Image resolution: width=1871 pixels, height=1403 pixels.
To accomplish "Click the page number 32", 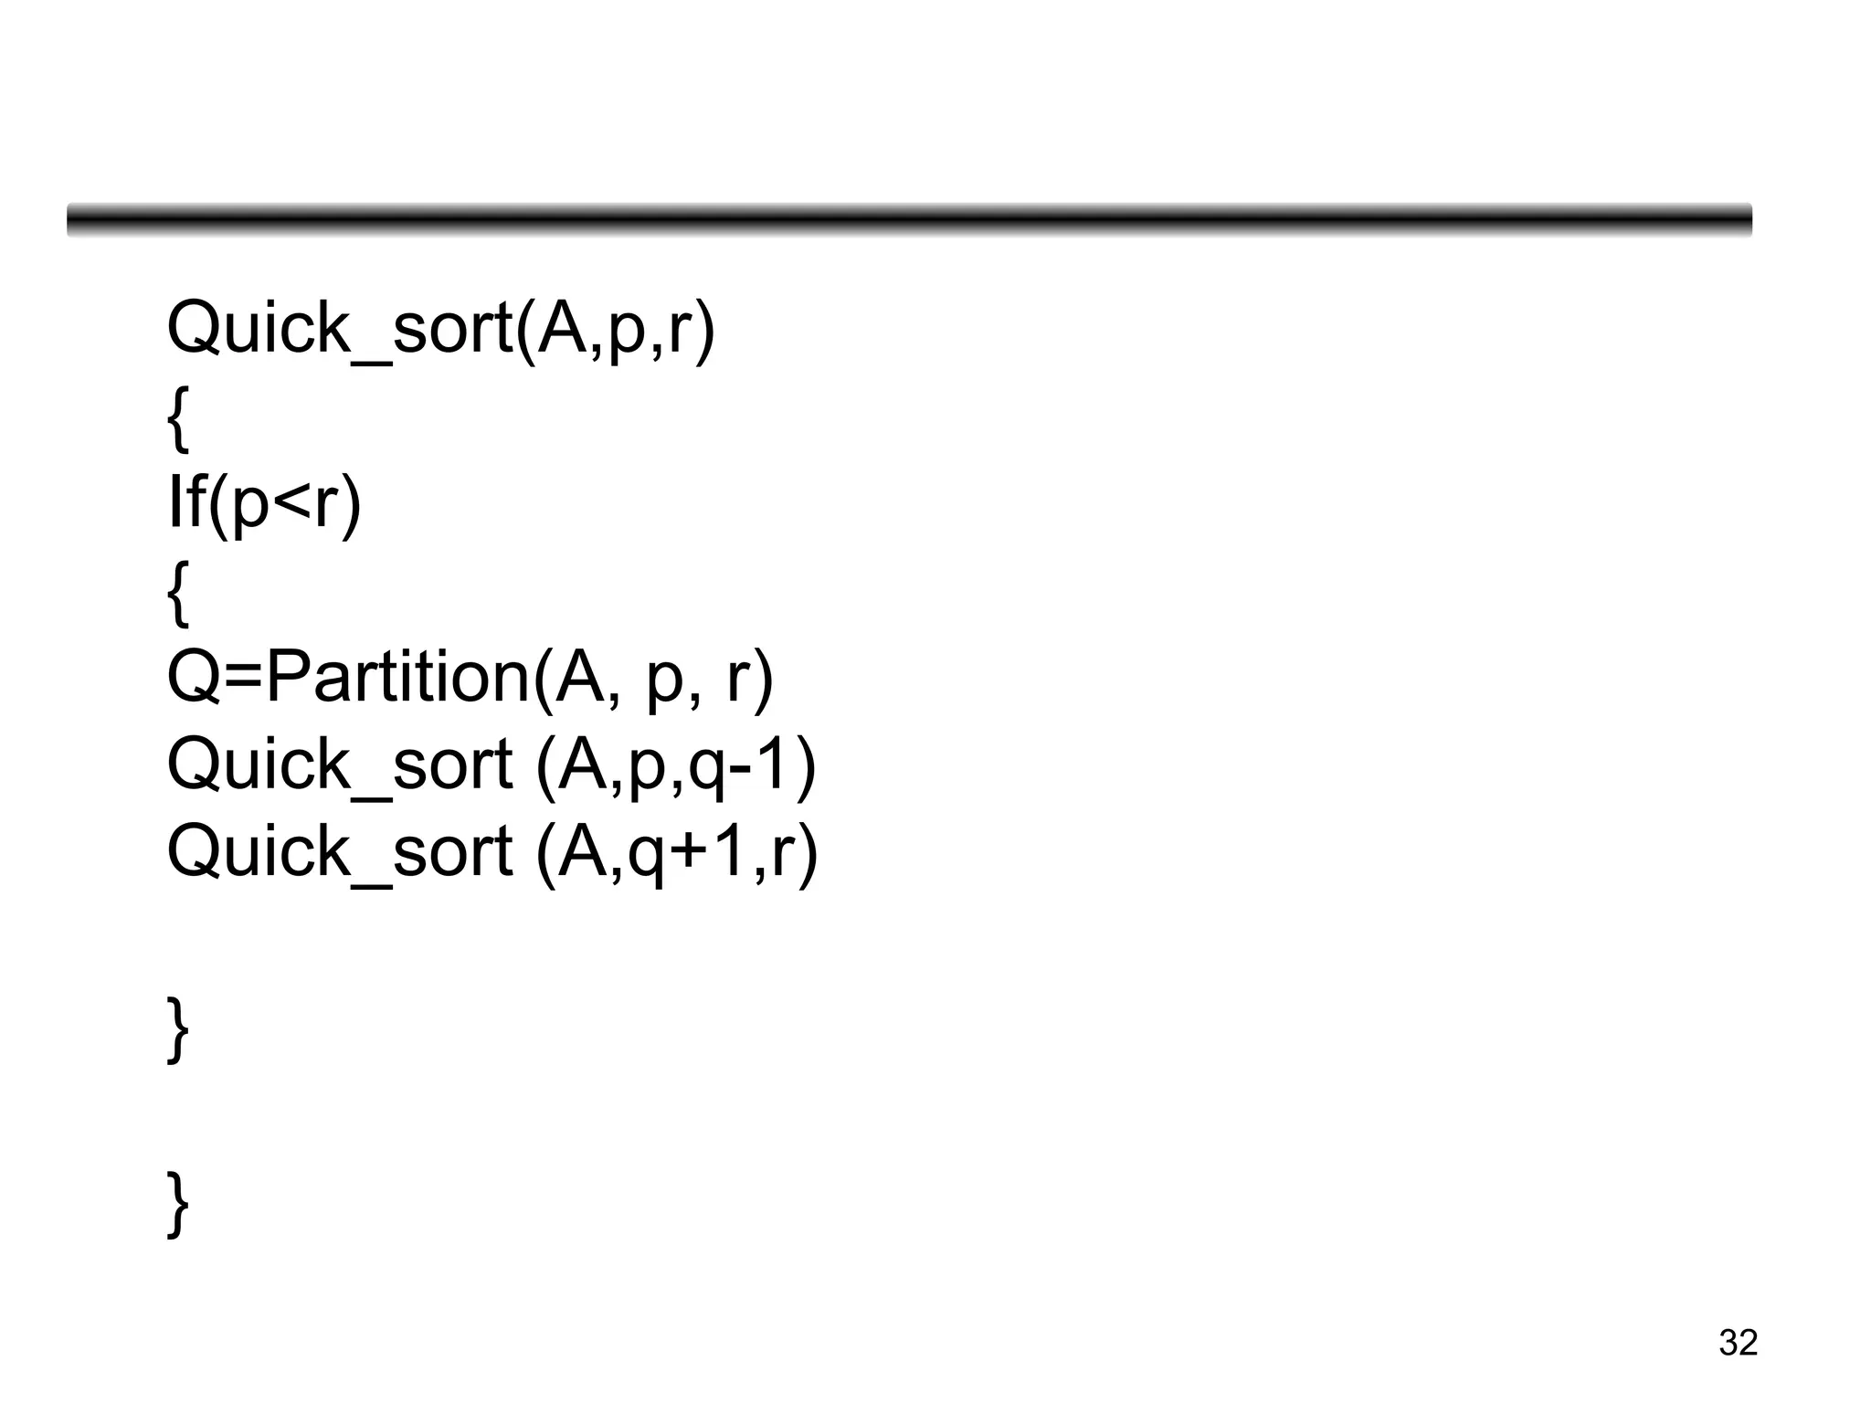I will click(1738, 1343).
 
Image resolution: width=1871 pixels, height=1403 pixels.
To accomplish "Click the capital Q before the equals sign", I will click(194, 678).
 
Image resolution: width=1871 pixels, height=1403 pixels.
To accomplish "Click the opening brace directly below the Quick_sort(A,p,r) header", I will click(178, 417).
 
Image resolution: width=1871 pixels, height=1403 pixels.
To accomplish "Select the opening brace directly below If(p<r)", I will click(178, 593).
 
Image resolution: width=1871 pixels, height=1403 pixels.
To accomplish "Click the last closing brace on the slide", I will click(178, 1204).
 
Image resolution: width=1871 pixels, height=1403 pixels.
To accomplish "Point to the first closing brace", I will click(178, 1029).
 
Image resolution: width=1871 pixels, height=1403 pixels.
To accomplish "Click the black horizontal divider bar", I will click(909, 220).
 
